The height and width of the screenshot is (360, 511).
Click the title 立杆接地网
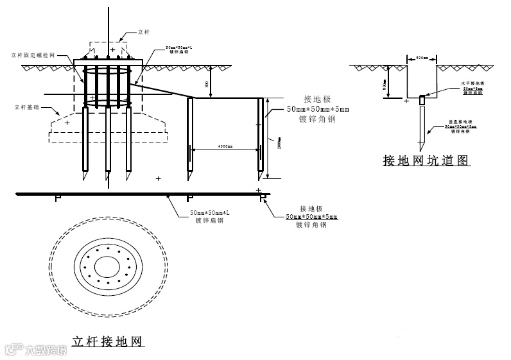point(107,340)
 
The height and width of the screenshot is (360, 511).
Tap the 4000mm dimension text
point(224,147)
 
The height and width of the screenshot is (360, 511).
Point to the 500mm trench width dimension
point(422,58)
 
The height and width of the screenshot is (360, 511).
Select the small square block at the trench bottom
point(422,99)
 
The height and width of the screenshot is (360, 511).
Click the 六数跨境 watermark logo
point(36,350)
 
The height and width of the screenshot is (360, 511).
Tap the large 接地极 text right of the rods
point(316,99)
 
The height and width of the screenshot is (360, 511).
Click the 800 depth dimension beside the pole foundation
point(207,84)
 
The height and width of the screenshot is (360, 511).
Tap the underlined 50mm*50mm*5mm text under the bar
point(311,217)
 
